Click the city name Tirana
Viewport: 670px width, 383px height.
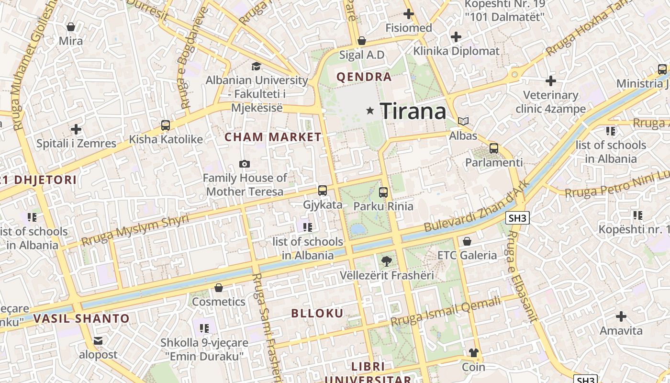413,112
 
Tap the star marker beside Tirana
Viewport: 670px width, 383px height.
370,111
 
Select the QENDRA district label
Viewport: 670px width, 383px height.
364,77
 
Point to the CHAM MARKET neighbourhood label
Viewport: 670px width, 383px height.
273,137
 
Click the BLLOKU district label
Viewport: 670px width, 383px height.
317,314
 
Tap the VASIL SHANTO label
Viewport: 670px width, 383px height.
81,319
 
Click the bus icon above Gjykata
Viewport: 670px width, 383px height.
323,190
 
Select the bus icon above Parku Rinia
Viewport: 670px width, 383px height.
383,192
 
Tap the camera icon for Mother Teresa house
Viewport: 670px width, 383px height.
245,164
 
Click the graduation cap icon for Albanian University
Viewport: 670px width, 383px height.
257,66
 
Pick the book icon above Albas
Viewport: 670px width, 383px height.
463,122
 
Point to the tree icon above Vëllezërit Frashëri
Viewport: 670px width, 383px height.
386,261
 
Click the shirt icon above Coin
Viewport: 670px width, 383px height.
473,353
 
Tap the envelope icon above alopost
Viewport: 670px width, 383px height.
98,341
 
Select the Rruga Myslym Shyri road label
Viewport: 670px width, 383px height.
135,230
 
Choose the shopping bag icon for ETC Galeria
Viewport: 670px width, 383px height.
467,241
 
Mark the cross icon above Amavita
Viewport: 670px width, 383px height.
621,316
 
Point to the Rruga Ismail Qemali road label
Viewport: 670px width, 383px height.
446,311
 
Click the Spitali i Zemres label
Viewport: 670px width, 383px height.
77,143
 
